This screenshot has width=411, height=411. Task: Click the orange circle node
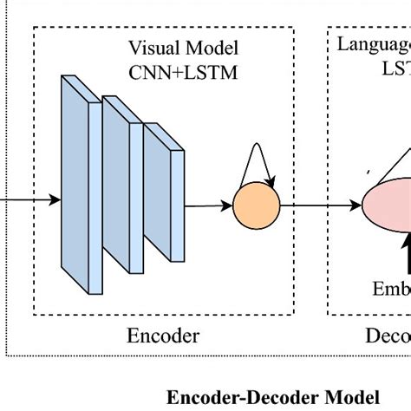click(x=257, y=206)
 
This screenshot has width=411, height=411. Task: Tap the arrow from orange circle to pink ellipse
click(x=321, y=206)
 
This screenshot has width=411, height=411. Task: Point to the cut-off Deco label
click(x=388, y=336)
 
